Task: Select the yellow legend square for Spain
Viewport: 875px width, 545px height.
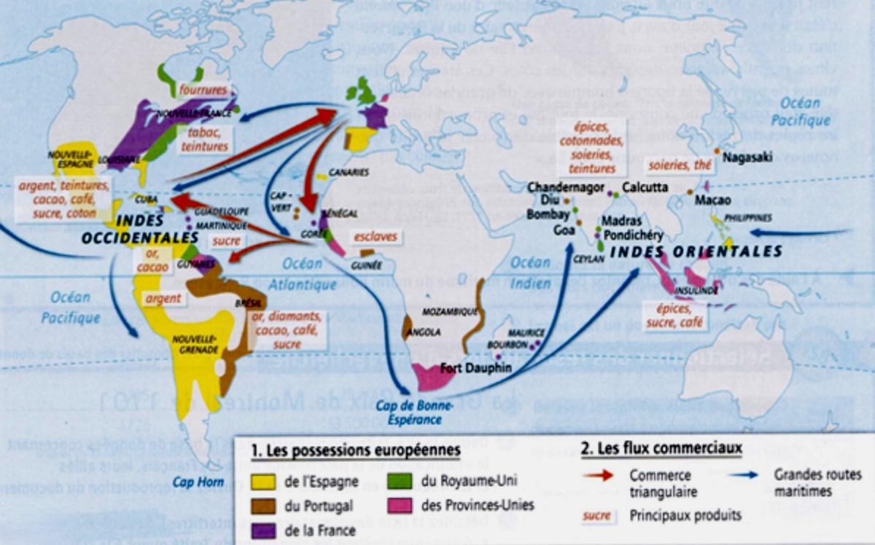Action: (x=263, y=481)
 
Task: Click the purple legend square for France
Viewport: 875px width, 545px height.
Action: (x=263, y=530)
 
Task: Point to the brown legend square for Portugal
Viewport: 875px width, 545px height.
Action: (x=263, y=506)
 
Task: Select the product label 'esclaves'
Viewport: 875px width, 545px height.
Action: (x=376, y=237)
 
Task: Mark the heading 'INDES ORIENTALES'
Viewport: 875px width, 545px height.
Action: (x=696, y=252)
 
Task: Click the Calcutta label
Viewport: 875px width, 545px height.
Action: (x=645, y=187)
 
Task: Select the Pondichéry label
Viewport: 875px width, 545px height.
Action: (x=632, y=235)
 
